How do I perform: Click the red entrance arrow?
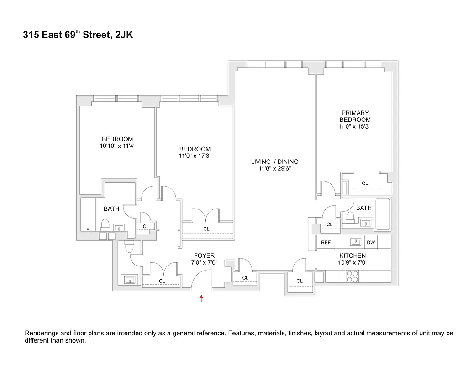[x=201, y=298]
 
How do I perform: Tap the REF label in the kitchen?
[x=326, y=243]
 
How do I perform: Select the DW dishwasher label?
[x=371, y=243]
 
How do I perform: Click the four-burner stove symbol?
[x=353, y=276]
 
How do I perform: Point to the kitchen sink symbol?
[x=356, y=242]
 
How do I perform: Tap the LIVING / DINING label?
[x=274, y=162]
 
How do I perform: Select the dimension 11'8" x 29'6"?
[x=274, y=168]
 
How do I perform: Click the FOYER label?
[x=204, y=255]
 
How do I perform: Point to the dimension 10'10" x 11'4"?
[x=117, y=146]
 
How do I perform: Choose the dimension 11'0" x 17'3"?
[x=195, y=156]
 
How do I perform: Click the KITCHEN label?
[x=352, y=255]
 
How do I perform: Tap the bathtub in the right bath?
[x=382, y=214]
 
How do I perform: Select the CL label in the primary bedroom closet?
[x=364, y=183]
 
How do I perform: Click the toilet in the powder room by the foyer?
[x=129, y=247]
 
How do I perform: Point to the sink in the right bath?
[x=365, y=223]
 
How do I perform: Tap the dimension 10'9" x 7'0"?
[x=352, y=262]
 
